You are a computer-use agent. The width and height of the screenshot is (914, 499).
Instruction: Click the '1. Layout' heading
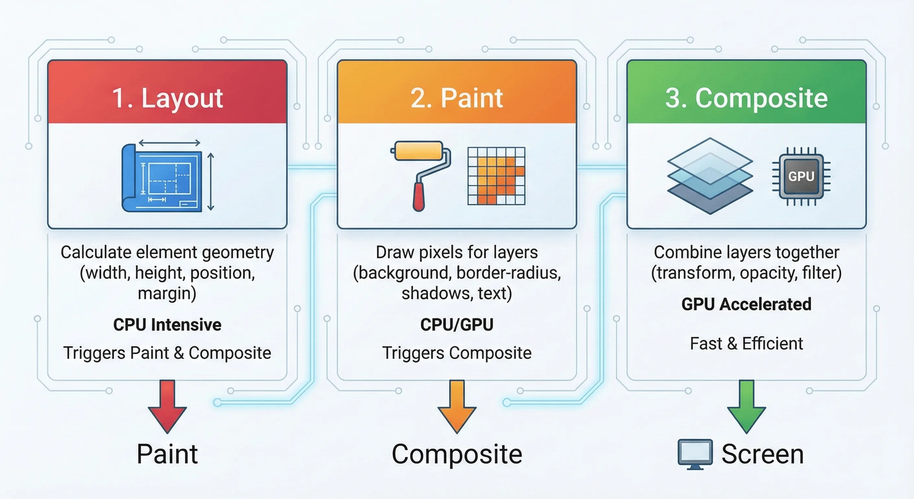coord(167,98)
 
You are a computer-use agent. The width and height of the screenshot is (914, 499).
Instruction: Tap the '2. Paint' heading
coord(457,98)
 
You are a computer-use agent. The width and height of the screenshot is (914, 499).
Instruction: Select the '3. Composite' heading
coord(746,98)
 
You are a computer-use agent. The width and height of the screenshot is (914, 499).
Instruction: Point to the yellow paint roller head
coord(419,151)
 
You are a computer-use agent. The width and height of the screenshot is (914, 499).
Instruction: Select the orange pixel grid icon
coord(496,176)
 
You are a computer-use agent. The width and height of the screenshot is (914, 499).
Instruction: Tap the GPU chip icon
coord(801,176)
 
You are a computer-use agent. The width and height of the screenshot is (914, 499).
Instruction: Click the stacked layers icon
coord(710,176)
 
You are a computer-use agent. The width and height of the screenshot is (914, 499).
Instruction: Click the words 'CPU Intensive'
coord(167,325)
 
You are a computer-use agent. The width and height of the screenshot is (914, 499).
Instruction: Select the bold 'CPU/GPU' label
coord(457,325)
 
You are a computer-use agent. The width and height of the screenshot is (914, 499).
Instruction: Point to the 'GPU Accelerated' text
coord(746,304)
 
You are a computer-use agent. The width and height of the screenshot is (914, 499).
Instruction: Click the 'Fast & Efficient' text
coord(746,343)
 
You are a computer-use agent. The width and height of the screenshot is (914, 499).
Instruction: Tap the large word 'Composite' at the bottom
coord(457,454)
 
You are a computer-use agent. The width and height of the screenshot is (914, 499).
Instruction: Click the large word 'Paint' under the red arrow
coord(167,454)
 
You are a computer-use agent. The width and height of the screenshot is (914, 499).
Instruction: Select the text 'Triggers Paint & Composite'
coord(167,353)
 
